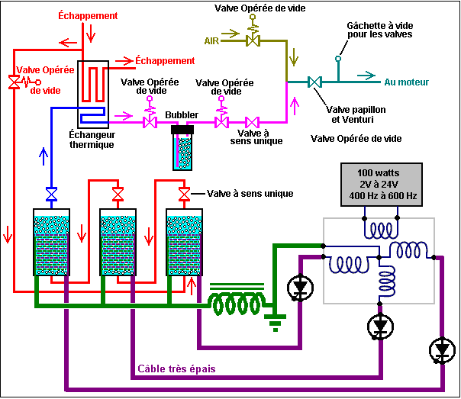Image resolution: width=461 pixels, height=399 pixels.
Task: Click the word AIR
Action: (x=212, y=40)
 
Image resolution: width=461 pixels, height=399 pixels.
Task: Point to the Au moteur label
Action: (x=406, y=81)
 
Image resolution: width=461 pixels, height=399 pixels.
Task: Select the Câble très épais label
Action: (x=176, y=369)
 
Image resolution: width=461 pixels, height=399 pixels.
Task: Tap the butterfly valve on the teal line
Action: (x=314, y=81)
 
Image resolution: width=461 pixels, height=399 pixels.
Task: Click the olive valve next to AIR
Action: (x=251, y=40)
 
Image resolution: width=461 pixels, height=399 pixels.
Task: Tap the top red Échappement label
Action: (x=89, y=14)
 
